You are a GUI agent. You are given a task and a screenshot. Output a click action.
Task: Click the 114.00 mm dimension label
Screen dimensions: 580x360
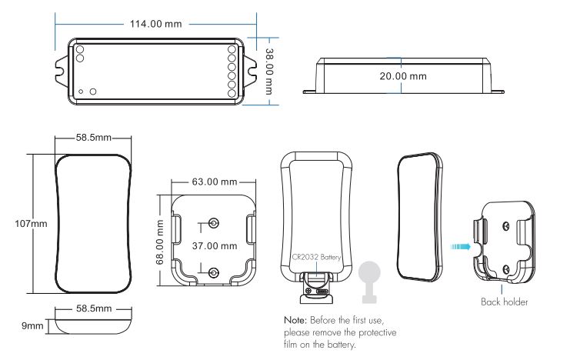click(155, 24)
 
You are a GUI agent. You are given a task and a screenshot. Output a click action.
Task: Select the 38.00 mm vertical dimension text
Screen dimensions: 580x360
click(270, 72)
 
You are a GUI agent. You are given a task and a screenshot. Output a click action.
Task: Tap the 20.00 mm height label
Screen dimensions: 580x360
click(403, 76)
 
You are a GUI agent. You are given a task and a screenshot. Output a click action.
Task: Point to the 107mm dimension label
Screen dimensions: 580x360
click(31, 224)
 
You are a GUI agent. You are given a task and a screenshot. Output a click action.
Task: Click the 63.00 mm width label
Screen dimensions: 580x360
click(215, 182)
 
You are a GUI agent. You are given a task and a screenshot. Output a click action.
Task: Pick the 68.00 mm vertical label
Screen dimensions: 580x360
click(160, 242)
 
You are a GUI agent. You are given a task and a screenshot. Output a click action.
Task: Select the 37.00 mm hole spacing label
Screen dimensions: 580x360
click(215, 246)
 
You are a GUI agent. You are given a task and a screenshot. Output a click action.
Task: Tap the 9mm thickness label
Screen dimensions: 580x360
click(32, 326)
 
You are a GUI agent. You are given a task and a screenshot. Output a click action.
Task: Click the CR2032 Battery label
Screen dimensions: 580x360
click(316, 257)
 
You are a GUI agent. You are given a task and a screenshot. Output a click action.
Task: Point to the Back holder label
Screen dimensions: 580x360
click(504, 302)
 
